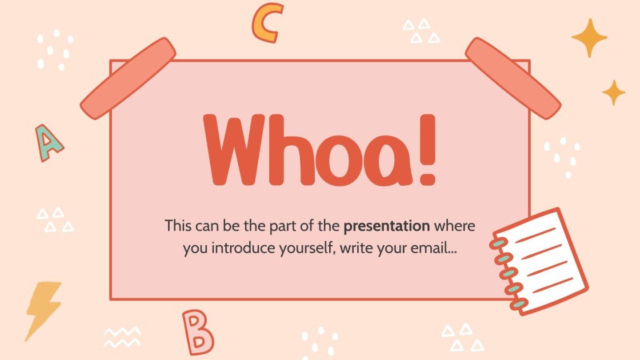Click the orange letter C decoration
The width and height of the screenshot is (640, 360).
click(x=267, y=23)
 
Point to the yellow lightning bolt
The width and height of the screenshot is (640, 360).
click(x=43, y=309)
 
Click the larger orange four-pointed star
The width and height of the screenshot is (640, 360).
click(x=589, y=38)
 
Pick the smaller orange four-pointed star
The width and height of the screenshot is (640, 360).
click(x=614, y=92)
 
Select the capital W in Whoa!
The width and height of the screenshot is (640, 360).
click(x=236, y=151)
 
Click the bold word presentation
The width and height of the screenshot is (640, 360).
click(x=387, y=226)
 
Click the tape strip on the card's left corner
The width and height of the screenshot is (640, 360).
click(x=129, y=78)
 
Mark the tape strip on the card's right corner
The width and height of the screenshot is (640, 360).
click(x=513, y=78)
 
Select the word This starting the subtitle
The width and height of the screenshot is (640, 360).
click(x=177, y=226)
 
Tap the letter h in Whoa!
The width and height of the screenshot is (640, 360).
click(x=290, y=151)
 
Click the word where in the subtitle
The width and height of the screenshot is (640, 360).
click(x=454, y=226)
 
